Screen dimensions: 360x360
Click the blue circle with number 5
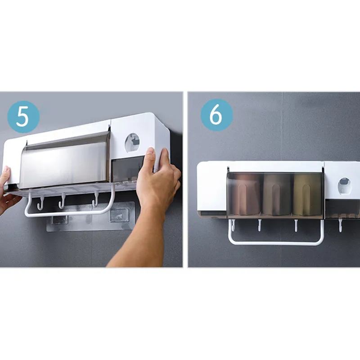[23, 117]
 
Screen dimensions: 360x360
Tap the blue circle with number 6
[216, 115]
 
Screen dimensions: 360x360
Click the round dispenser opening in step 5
[132, 143]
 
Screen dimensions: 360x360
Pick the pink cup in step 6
[245, 194]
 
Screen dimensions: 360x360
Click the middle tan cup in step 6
[277, 194]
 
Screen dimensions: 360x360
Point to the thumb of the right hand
[150, 158]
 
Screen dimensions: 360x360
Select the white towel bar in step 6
[275, 242]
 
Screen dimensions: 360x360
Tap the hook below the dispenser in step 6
[340, 225]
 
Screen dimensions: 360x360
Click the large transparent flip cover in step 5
[64, 161]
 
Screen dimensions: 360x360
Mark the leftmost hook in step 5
[40, 203]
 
